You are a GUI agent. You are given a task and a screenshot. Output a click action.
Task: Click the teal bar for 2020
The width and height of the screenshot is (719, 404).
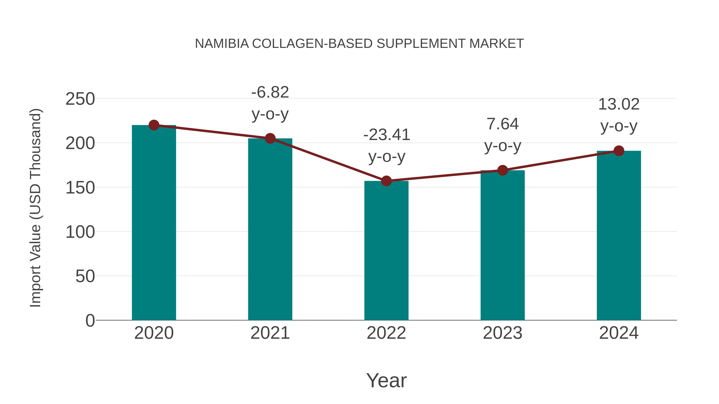154,223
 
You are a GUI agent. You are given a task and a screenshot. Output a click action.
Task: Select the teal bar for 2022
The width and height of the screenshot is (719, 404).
386,251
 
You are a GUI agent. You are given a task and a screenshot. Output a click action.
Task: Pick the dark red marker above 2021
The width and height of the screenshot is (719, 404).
270,138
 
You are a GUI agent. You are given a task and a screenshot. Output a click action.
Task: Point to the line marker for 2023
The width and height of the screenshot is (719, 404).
503,170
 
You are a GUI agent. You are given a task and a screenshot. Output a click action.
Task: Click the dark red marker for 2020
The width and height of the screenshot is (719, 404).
154,125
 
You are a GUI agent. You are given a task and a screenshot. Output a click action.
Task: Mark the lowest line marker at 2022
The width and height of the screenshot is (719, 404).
386,181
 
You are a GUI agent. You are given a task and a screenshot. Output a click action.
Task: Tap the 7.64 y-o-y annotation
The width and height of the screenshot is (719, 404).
503,135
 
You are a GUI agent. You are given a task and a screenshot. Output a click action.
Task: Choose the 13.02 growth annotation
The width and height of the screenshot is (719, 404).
619,115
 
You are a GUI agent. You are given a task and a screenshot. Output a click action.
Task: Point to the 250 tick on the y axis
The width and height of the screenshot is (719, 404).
80,99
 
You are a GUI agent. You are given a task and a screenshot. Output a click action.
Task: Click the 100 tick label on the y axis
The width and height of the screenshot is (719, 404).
80,232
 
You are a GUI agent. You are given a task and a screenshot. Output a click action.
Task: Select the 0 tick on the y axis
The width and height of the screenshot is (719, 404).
90,320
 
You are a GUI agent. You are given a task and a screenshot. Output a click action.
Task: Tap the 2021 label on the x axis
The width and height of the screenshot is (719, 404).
270,333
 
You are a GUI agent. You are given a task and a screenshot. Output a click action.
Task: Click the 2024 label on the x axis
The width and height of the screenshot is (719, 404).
619,333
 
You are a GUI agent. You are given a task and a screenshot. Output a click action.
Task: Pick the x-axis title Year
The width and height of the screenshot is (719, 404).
386,380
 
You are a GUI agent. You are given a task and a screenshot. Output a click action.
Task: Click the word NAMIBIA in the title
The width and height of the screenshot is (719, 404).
222,44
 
